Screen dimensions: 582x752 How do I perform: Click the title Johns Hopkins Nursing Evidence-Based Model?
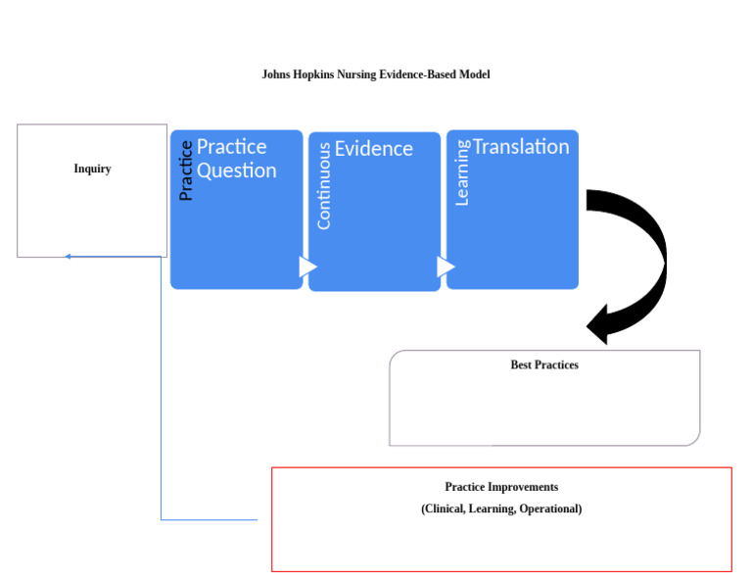pyautogui.click(x=375, y=74)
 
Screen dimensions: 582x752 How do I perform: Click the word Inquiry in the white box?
pyautogui.click(x=92, y=169)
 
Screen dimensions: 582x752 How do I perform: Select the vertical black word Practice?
pyautogui.click(x=185, y=170)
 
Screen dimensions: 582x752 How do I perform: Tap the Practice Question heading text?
pyautogui.click(x=236, y=158)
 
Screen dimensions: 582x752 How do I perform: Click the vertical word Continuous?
pyautogui.click(x=324, y=185)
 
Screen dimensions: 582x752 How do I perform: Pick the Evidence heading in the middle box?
pyautogui.click(x=374, y=149)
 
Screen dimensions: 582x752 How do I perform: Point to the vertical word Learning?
pyautogui.click(x=462, y=172)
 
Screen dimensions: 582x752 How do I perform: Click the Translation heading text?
pyautogui.click(x=521, y=147)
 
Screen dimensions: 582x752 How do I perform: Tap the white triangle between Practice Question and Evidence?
pyautogui.click(x=307, y=267)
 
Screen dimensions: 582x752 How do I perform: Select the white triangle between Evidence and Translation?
pyautogui.click(x=446, y=267)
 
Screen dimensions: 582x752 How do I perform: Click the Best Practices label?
pyautogui.click(x=544, y=364)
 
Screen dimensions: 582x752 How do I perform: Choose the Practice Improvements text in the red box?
pyautogui.click(x=501, y=487)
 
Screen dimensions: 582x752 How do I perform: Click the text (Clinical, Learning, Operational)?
pyautogui.click(x=501, y=509)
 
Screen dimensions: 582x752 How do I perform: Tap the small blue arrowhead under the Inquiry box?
pyautogui.click(x=68, y=257)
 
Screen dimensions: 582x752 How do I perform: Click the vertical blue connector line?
pyautogui.click(x=161, y=392)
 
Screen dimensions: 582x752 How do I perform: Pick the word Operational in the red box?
pyautogui.click(x=550, y=509)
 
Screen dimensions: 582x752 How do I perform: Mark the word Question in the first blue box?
pyautogui.click(x=236, y=170)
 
